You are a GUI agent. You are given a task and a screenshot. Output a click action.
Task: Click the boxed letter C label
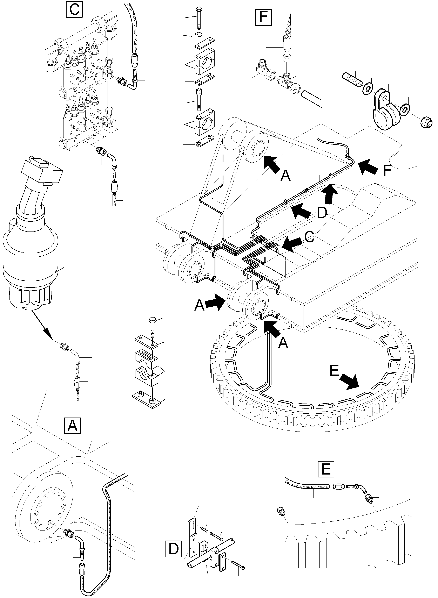point(74,10)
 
